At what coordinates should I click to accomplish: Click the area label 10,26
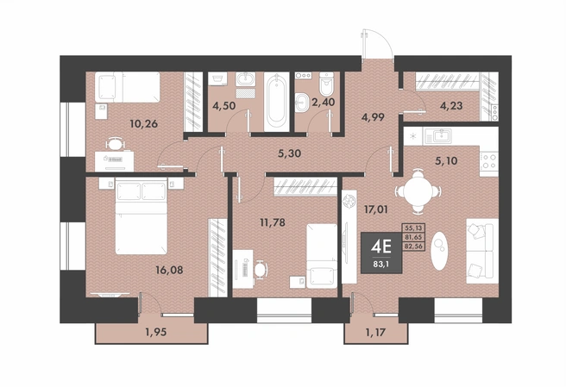click(144, 124)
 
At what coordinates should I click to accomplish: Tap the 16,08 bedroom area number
click(169, 270)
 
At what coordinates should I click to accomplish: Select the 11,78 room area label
click(273, 222)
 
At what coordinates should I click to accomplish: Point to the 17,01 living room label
click(376, 209)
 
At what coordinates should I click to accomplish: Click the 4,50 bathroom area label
click(223, 106)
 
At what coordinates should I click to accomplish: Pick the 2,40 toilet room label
click(323, 102)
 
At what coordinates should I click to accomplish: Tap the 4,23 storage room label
click(451, 106)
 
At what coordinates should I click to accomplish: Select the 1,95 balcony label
click(156, 332)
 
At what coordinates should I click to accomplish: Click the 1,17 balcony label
click(375, 332)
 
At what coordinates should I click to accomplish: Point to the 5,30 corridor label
click(290, 153)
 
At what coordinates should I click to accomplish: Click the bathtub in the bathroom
click(276, 102)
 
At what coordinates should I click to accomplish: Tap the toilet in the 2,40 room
click(327, 84)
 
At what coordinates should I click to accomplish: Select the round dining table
click(418, 191)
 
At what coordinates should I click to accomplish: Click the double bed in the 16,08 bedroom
click(141, 216)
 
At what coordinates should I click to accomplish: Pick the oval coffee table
click(439, 250)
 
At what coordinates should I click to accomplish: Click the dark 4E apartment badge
click(381, 253)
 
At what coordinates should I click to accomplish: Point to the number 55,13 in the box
click(414, 228)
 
